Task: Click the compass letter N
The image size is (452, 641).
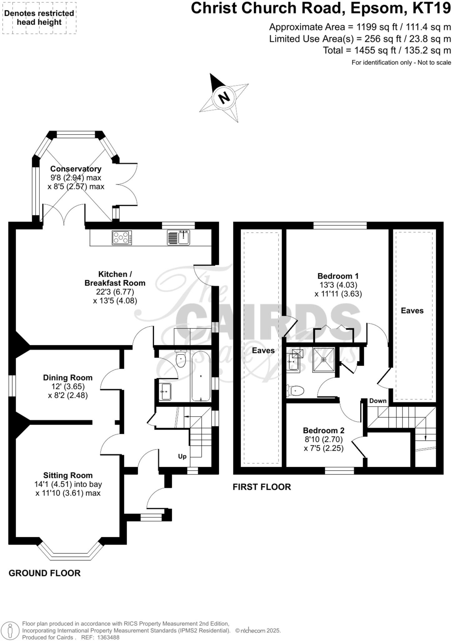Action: (224, 98)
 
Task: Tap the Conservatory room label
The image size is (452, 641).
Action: (76, 169)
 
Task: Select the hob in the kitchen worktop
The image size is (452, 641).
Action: (122, 238)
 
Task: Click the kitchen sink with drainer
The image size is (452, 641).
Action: (178, 237)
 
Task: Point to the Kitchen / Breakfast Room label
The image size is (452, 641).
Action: (115, 279)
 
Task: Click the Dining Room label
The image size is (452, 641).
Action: (68, 377)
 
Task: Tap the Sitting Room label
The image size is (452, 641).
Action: (68, 475)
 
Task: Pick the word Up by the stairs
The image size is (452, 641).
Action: (182, 456)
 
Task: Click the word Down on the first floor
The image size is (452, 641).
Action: (378, 401)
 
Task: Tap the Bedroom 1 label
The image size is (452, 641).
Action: (338, 276)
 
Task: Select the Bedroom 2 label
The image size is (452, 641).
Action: (323, 430)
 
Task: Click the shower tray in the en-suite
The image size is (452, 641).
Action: (324, 360)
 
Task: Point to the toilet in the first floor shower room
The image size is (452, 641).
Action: (296, 391)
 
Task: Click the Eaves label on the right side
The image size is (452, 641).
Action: (412, 310)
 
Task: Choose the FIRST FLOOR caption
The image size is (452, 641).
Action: (262, 487)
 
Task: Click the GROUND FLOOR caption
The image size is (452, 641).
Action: (44, 573)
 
